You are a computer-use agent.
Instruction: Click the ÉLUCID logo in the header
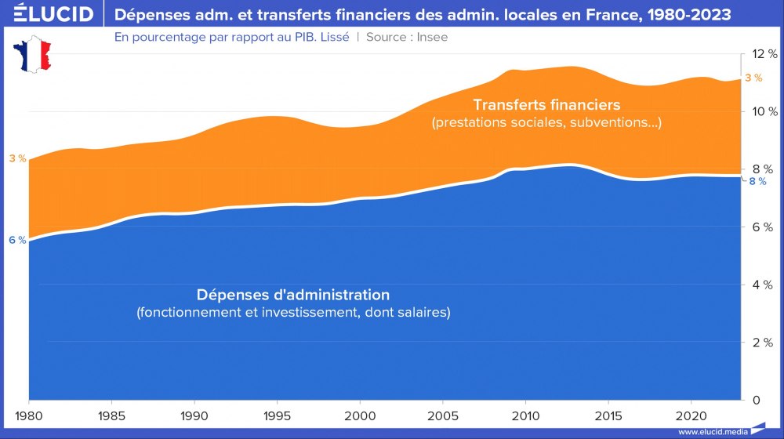click(x=49, y=14)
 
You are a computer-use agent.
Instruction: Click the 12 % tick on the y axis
click(x=764, y=54)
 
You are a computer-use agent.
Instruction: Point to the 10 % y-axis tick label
click(x=764, y=111)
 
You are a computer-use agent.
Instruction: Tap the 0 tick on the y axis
click(x=757, y=401)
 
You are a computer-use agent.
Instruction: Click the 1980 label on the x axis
click(x=29, y=415)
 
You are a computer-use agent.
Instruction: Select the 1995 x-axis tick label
click(x=277, y=415)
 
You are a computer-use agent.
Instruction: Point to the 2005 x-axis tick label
click(x=442, y=415)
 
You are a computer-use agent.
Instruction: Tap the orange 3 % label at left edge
click(x=17, y=159)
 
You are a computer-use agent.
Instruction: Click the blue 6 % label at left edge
click(x=17, y=241)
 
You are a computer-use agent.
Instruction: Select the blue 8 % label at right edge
click(x=757, y=182)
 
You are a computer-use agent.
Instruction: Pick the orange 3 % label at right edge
click(x=753, y=78)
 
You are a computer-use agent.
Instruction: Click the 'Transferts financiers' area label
click(x=546, y=105)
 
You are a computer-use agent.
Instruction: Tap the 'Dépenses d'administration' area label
click(x=292, y=296)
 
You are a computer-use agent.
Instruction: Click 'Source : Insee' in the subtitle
click(x=407, y=37)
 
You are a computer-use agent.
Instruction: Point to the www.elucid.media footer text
click(x=710, y=432)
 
